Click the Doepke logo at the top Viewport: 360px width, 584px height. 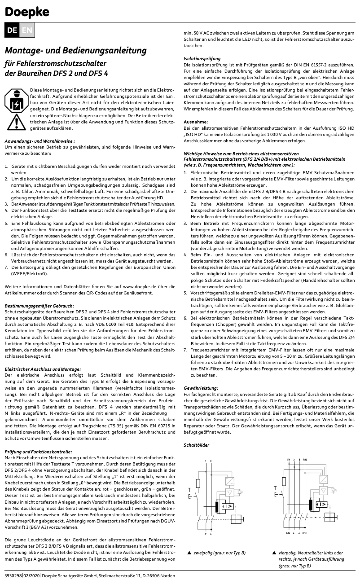coord(27,12)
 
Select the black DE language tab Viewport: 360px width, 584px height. coord(12,30)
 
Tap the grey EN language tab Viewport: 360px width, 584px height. coord(27,30)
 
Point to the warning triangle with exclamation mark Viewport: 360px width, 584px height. coord(15,122)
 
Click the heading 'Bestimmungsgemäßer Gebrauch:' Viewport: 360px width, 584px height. coord(39,306)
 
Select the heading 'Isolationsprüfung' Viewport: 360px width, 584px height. coord(202,59)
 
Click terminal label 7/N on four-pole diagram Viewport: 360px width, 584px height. coord(305,460)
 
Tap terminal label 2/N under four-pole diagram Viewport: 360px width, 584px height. coord(287,533)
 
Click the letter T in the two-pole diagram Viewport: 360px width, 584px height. coord(190,488)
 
